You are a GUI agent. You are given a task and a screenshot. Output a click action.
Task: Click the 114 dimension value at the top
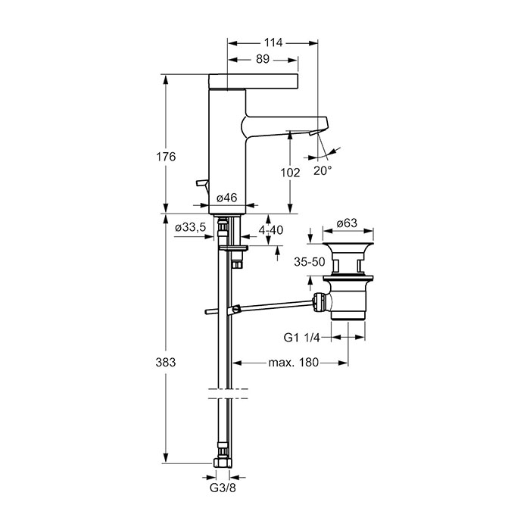273,42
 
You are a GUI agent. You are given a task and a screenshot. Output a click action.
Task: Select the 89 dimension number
262,59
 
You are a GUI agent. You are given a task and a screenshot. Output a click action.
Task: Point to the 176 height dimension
166,157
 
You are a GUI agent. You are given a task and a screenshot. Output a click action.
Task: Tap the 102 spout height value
290,173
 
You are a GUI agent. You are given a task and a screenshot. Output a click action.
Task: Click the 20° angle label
323,170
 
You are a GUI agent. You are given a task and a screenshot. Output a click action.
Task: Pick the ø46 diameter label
227,198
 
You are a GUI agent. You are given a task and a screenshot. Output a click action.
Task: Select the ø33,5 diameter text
191,227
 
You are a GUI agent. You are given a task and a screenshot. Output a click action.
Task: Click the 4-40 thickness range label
271,230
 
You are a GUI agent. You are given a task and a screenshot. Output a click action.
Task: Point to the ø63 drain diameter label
347,223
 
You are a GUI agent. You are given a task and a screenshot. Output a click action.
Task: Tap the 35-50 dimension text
309,262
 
